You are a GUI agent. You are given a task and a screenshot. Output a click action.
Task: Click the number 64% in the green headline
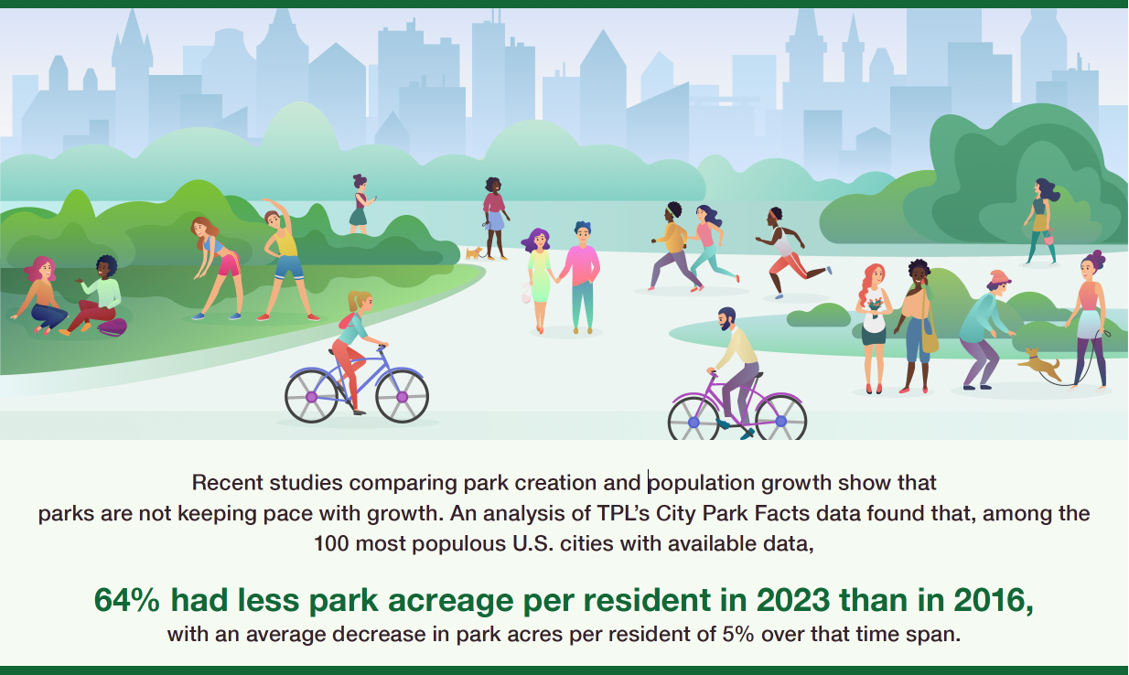126,600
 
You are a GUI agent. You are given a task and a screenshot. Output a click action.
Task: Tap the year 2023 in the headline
793,600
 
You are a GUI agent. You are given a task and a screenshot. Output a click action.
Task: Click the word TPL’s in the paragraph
623,513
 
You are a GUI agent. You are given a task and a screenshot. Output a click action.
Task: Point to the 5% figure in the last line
738,634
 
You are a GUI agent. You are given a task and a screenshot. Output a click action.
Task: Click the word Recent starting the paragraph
227,483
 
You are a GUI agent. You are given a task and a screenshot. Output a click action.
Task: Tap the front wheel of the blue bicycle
402,396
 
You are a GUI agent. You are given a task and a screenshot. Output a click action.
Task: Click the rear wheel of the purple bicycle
694,421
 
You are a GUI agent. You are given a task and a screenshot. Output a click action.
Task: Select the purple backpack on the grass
112,327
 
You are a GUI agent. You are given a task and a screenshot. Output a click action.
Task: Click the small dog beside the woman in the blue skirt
473,252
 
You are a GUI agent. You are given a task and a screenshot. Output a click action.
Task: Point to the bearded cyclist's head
726,318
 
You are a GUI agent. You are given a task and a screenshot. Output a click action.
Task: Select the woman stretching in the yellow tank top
285,260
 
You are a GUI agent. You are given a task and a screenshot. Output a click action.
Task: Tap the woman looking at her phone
360,204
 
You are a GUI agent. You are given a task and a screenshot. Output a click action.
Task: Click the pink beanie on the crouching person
998,278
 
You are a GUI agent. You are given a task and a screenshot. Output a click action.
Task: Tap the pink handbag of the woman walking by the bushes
1048,239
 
